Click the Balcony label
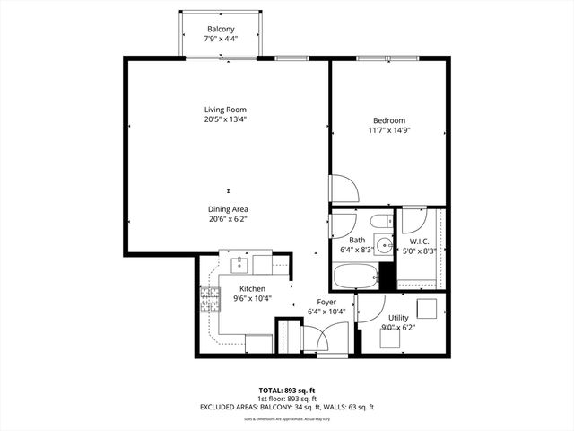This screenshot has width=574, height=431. [221, 29]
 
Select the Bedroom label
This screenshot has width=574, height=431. [389, 120]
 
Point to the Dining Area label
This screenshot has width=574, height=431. [228, 208]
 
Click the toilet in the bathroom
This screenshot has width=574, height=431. [379, 221]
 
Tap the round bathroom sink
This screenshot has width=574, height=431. [384, 243]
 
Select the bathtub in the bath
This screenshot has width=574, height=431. [355, 275]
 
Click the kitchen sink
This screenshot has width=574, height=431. [239, 264]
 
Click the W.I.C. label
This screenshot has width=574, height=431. [419, 241]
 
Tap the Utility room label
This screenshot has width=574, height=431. [399, 318]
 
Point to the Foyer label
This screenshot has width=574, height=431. [326, 302]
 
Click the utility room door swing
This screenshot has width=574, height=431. [370, 308]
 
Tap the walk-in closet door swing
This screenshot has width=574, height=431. [413, 221]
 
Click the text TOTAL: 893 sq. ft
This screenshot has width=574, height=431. [286, 391]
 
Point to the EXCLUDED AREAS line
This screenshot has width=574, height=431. [286, 407]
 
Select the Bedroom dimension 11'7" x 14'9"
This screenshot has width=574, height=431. [389, 130]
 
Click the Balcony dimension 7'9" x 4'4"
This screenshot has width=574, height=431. [221, 40]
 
